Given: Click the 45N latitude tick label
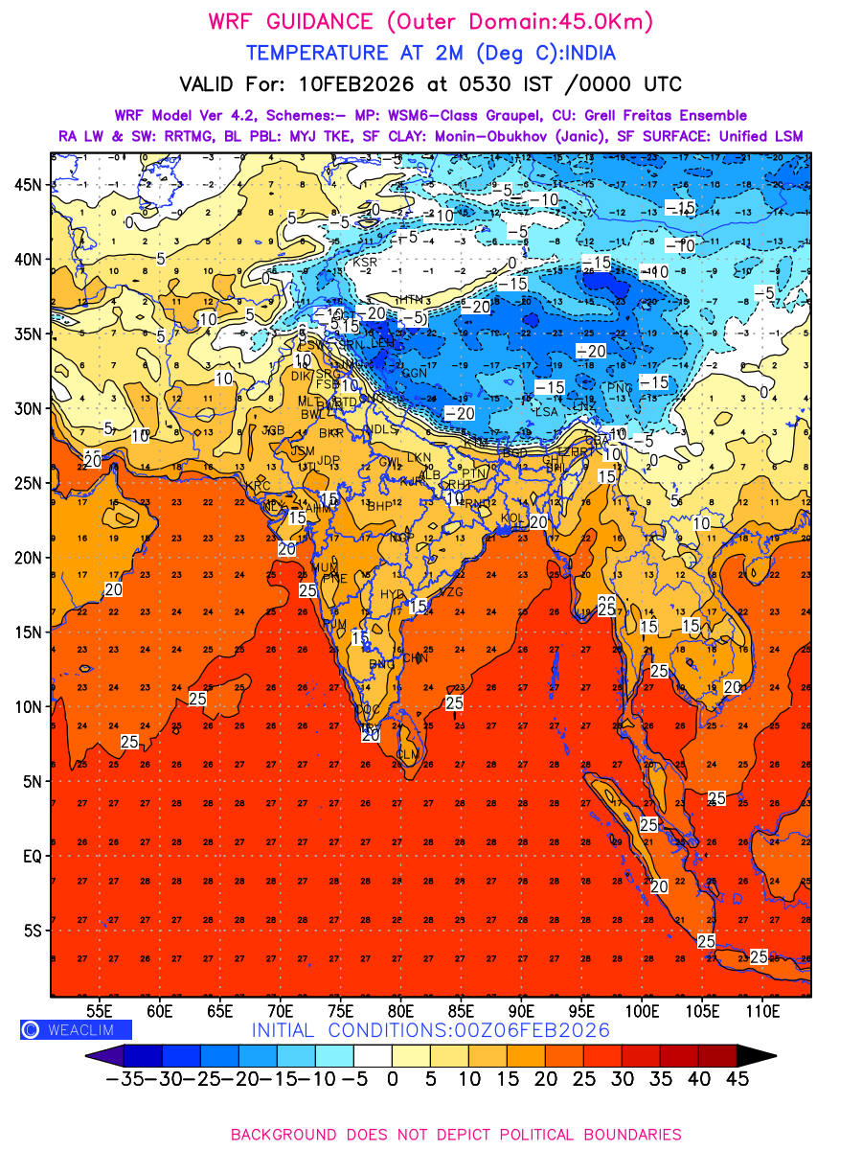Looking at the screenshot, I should (31, 184).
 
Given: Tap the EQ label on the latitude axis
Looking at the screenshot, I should (33, 856).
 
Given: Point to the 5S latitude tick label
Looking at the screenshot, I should (34, 931).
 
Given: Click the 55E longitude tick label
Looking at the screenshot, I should (100, 1010).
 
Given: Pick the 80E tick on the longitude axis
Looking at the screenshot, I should (401, 1010).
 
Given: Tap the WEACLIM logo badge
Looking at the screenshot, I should (76, 1029).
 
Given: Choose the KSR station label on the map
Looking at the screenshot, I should (365, 262).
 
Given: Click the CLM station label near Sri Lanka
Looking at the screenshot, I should (408, 755).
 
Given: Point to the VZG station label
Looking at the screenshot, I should (450, 592).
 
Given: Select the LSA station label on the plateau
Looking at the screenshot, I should (546, 411).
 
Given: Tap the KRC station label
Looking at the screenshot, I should (259, 486).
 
